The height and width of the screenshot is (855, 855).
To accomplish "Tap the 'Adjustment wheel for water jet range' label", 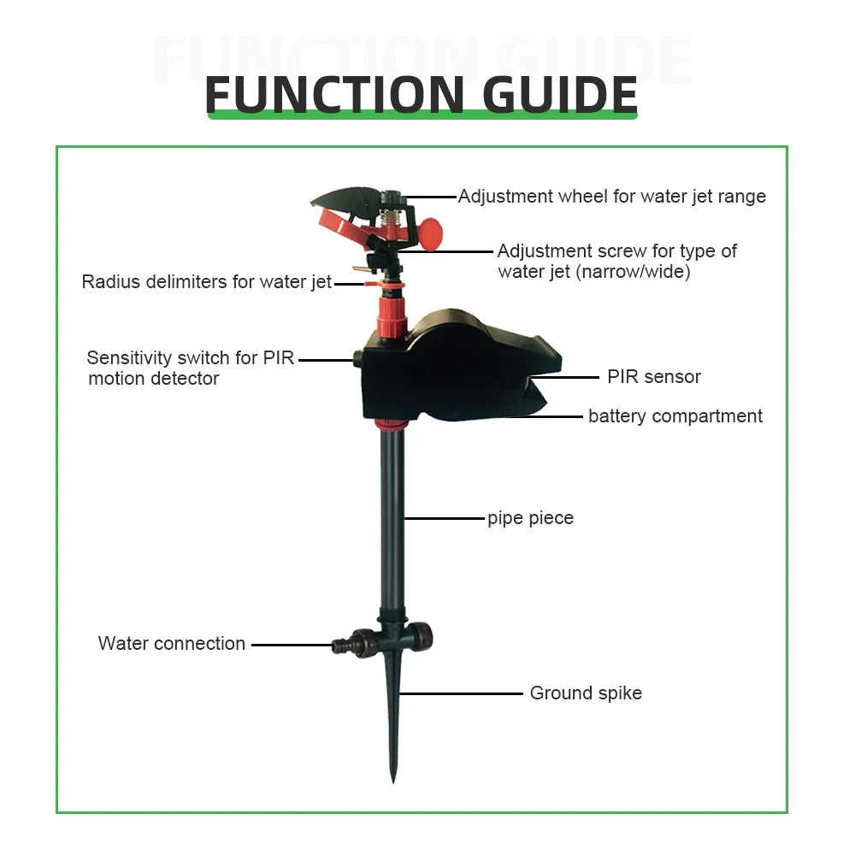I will [x=612, y=197].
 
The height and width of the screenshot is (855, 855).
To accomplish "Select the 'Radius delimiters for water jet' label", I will [x=206, y=282].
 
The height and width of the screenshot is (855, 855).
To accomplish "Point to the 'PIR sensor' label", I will [x=653, y=377].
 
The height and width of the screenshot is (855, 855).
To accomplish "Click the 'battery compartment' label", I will [x=675, y=416].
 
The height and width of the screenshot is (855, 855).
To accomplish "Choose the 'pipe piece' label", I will [x=530, y=518].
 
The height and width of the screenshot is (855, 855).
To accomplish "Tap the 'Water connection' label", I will [x=172, y=644].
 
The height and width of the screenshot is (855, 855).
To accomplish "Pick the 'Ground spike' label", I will [x=586, y=693].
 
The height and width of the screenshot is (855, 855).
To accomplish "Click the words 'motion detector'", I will [x=154, y=379].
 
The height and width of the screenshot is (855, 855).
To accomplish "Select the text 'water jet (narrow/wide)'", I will [x=593, y=273].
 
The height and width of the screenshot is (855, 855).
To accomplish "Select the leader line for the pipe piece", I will [x=444, y=518].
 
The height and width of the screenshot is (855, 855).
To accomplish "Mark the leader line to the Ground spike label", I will [x=462, y=693].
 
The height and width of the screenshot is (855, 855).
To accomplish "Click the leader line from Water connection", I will [x=291, y=645].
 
